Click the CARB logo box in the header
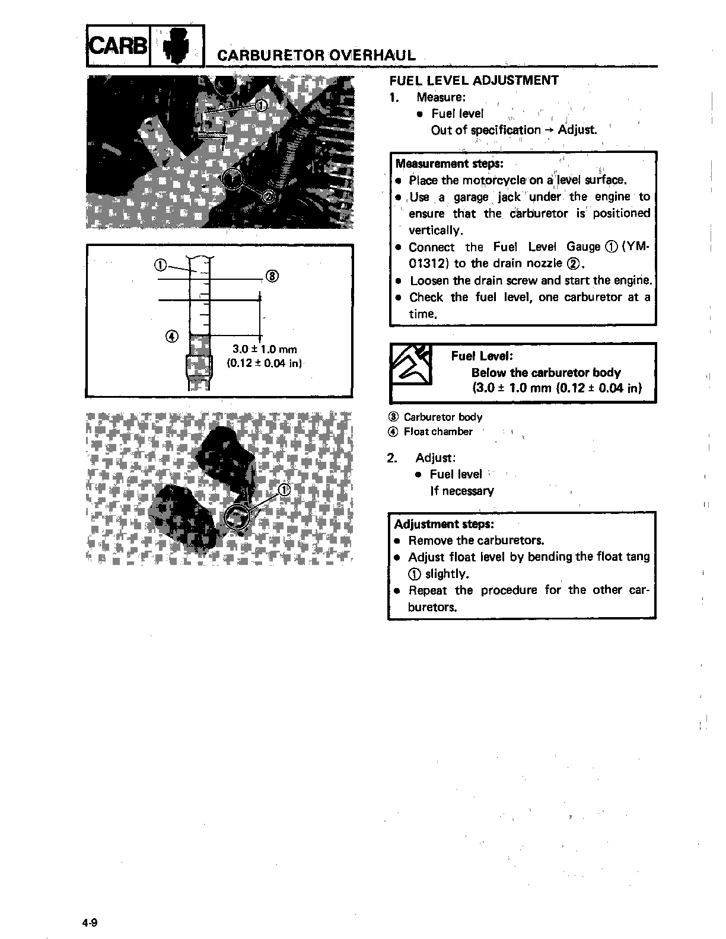[117, 46]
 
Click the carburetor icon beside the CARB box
[177, 46]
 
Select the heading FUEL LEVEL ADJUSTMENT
[474, 81]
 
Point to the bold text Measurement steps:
[449, 164]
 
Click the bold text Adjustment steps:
[444, 524]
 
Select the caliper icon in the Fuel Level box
[411, 363]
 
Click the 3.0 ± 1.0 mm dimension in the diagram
[265, 349]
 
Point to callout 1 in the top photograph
[262, 106]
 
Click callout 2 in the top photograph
[269, 196]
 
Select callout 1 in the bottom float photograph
[284, 490]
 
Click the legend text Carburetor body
[442, 417]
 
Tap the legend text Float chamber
[438, 432]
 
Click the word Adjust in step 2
[435, 458]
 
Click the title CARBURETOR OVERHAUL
[316, 55]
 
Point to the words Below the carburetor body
[546, 372]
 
